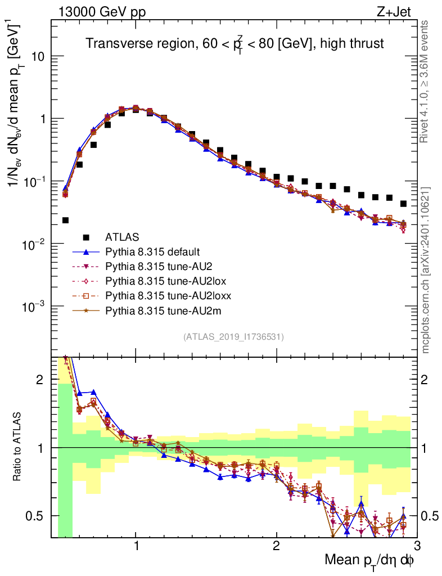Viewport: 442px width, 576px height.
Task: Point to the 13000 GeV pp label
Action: (101, 13)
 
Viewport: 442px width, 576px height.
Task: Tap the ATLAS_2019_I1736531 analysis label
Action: (233, 337)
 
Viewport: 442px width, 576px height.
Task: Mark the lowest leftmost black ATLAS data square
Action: (65, 220)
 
